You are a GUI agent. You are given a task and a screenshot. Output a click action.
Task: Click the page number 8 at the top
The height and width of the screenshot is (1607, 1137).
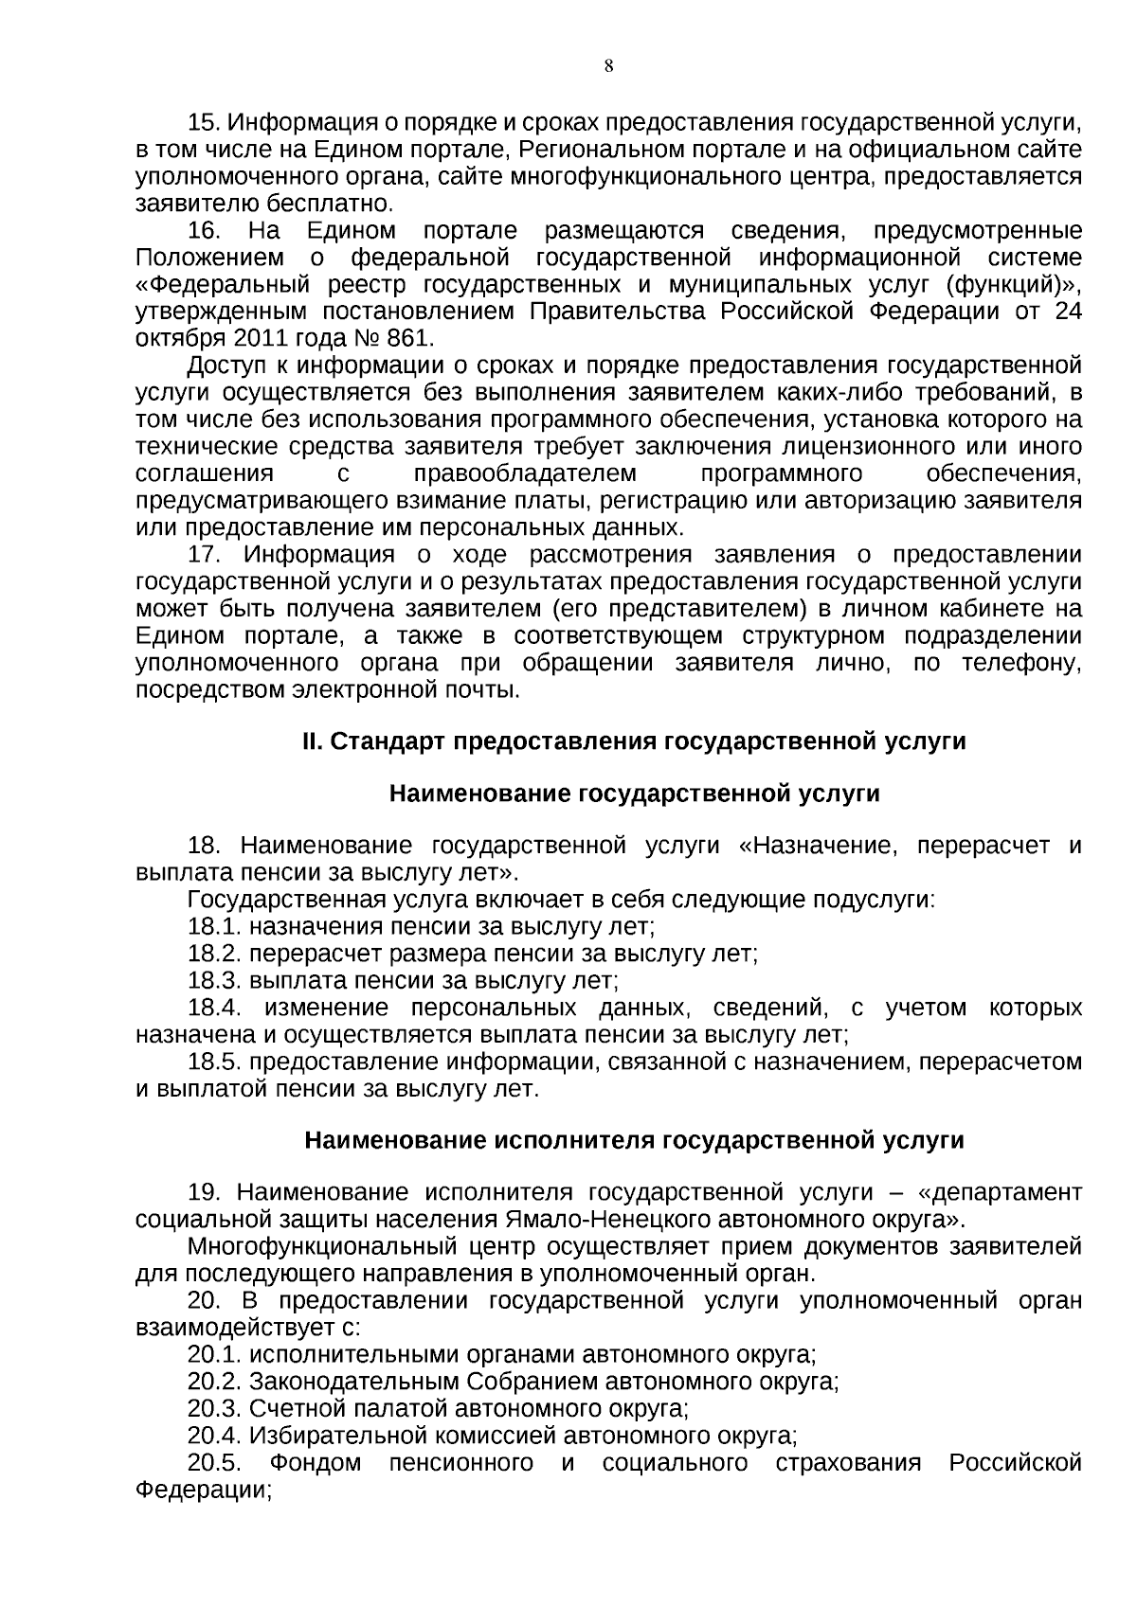point(607,65)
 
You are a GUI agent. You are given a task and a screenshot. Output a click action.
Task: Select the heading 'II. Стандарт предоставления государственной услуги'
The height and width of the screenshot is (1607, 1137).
point(634,741)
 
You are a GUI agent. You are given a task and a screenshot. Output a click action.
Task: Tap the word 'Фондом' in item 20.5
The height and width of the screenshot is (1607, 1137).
point(316,1463)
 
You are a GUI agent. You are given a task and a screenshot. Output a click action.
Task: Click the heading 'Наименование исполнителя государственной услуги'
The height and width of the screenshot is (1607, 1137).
point(634,1140)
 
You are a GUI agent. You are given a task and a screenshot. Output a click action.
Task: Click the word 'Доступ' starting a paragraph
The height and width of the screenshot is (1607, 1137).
point(223,366)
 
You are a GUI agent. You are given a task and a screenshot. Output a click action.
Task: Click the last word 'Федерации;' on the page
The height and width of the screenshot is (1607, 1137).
point(204,1491)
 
